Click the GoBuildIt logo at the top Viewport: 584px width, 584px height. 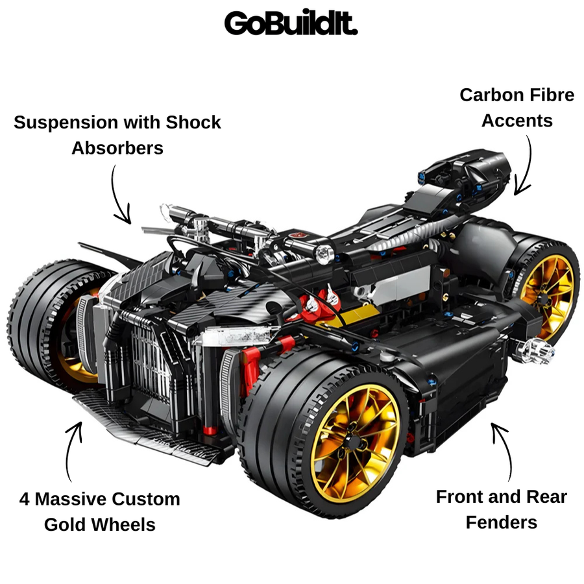291,23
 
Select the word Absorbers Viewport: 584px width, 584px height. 117,148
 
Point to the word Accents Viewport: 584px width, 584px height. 517,120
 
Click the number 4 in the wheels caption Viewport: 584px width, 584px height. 24,499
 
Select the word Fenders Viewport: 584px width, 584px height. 502,522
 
